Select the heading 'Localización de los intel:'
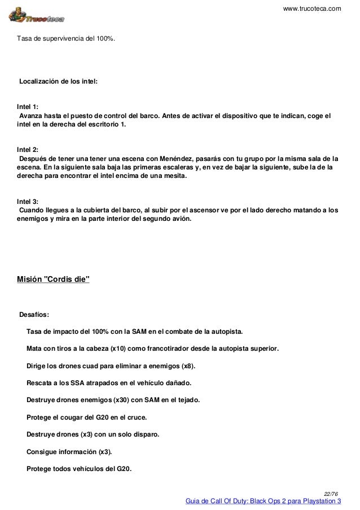click(x=59, y=81)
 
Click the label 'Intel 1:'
click(x=28, y=106)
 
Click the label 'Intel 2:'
click(x=28, y=149)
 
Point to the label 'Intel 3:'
click(x=28, y=200)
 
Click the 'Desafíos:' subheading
click(x=38, y=315)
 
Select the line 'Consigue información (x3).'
click(x=69, y=452)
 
